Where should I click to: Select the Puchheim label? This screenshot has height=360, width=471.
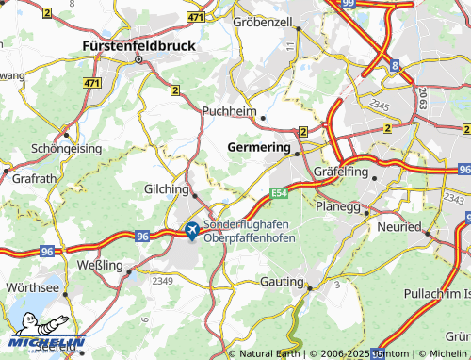pyautogui.click(x=229, y=110)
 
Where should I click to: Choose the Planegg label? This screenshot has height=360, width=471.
pyautogui.click(x=338, y=205)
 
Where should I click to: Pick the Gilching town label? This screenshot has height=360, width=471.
pyautogui.click(x=166, y=189)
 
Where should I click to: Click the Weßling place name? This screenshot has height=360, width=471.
pyautogui.click(x=100, y=266)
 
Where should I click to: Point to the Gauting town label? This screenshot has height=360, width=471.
pyautogui.click(x=279, y=283)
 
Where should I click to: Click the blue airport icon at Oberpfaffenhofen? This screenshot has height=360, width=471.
pyautogui.click(x=191, y=229)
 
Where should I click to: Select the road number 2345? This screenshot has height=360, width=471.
pyautogui.click(x=379, y=106)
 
